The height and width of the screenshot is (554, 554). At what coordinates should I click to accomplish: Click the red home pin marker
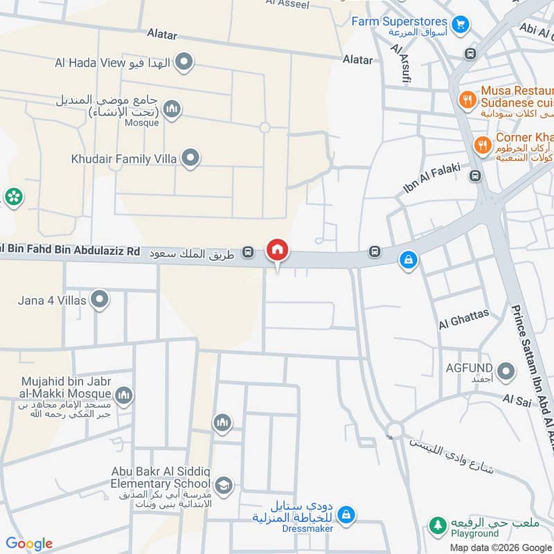click(x=278, y=250)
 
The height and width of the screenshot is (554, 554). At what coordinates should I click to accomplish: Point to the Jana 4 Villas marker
click(x=100, y=300)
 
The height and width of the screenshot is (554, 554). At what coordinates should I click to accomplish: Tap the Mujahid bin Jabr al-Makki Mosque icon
click(x=124, y=395)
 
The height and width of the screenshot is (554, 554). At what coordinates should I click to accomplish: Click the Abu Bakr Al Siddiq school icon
click(x=223, y=485)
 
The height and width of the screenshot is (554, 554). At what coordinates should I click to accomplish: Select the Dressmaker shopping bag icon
click(x=348, y=515)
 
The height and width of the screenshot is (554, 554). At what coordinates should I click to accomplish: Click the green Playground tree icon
click(x=437, y=526)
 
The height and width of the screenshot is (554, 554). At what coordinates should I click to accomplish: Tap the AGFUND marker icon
click(x=507, y=373)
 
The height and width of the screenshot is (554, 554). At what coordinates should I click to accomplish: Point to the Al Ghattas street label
click(x=463, y=319)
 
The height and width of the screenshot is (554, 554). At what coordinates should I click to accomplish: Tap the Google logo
click(x=28, y=544)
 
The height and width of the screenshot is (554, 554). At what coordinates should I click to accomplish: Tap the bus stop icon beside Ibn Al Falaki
click(x=475, y=176)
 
